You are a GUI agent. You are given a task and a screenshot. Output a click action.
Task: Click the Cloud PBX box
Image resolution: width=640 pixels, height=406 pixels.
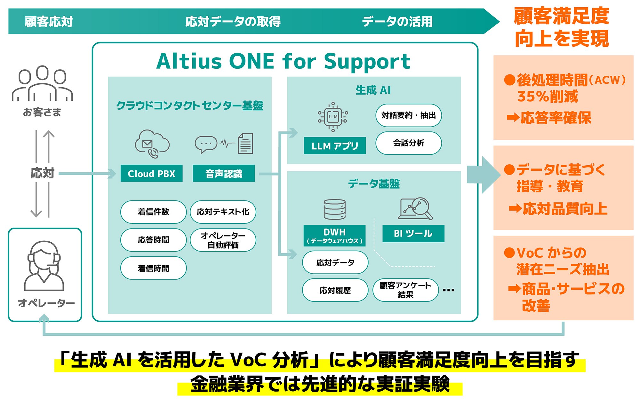pos(151,174)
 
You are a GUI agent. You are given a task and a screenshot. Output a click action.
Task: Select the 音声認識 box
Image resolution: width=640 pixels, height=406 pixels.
pos(224,174)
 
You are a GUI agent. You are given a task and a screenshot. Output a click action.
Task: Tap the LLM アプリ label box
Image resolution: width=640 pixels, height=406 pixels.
pos(334,146)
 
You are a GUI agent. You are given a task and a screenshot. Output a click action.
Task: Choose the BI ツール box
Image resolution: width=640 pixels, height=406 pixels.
pos(413,233)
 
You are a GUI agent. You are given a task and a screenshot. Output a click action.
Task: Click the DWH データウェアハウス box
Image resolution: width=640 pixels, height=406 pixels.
pos(334,236)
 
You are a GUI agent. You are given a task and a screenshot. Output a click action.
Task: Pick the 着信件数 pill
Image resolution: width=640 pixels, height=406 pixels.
pos(153,212)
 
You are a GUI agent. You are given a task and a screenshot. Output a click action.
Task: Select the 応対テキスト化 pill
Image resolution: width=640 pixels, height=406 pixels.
pos(223,212)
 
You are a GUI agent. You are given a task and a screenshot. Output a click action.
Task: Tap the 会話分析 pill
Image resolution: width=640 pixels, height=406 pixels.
pos(408,143)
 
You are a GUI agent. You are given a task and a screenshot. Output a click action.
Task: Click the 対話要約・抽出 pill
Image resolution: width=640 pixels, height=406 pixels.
pos(408,115)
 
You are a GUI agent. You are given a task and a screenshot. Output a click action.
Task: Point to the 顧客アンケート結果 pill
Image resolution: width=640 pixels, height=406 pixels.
pos(405,290)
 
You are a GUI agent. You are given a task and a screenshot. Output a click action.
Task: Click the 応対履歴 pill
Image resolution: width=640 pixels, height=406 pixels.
pos(335,290)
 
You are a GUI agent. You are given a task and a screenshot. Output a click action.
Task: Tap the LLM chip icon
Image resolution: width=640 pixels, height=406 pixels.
pos(333,117)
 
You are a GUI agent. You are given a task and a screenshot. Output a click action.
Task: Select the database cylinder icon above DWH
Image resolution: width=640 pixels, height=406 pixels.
pos(334,209)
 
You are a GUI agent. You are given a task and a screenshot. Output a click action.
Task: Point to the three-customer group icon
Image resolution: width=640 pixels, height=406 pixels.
pos(42,84)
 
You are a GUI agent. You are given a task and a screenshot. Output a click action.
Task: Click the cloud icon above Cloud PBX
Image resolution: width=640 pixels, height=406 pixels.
pos(152,143)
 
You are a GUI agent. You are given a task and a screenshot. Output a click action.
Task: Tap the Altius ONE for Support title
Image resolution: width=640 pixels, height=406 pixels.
pos(284,61)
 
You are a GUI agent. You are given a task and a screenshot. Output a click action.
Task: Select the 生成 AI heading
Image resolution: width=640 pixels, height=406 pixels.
pos(373,90)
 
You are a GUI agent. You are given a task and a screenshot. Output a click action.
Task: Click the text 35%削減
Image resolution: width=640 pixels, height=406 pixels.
pos(548,97)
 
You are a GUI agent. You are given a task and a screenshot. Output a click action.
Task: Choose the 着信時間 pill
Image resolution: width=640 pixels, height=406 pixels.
pos(153,268)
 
